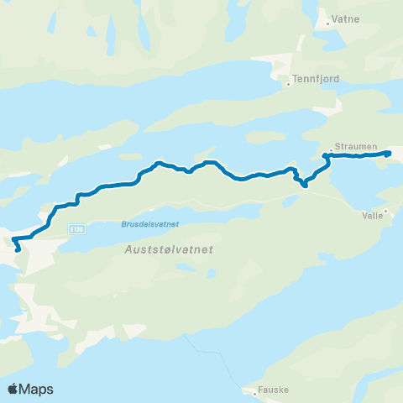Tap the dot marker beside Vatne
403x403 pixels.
coord(327,24)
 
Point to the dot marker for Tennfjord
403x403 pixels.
coord(288,83)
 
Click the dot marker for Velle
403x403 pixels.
coord(385,210)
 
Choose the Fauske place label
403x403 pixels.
coord(272,391)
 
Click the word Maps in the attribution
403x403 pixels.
coord(37,389)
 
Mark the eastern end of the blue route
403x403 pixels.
coord(389,153)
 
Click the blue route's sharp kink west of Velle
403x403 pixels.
coord(304,186)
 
